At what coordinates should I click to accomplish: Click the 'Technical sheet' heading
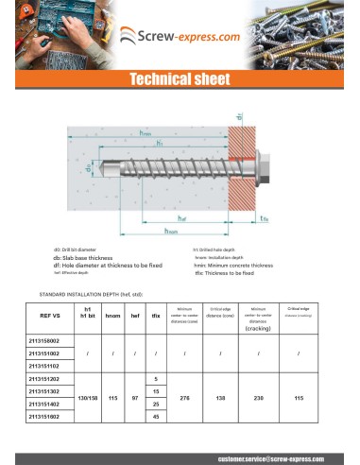tap(180, 80)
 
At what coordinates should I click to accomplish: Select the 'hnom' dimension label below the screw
tap(172, 230)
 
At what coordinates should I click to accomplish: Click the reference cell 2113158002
tap(43, 339)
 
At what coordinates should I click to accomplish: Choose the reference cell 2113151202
tap(43, 377)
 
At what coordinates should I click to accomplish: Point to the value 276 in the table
tap(185, 397)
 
